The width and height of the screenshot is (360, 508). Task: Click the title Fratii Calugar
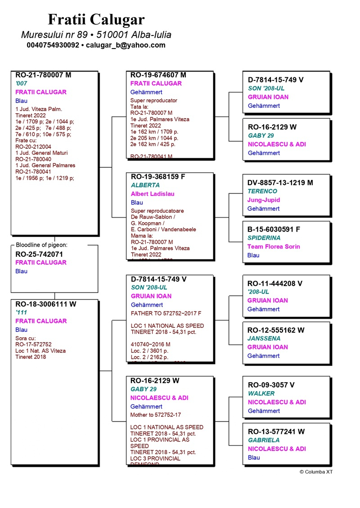(x=96, y=19)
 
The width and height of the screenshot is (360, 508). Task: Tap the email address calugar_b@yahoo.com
(x=126, y=45)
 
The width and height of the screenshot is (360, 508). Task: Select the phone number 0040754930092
(x=53, y=45)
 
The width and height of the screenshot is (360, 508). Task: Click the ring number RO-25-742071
(x=39, y=254)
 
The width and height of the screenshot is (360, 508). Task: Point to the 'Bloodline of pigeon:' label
(x=41, y=245)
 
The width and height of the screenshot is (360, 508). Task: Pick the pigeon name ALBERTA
(x=145, y=185)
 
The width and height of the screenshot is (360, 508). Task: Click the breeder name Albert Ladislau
(x=152, y=194)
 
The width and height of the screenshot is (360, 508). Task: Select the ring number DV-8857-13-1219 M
(x=280, y=183)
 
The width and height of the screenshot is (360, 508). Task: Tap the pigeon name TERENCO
(x=262, y=191)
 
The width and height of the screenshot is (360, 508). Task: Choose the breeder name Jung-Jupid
(x=264, y=200)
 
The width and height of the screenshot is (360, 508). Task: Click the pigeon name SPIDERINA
(x=264, y=238)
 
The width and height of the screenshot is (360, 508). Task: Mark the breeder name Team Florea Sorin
(x=274, y=246)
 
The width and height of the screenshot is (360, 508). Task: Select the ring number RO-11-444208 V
(x=275, y=283)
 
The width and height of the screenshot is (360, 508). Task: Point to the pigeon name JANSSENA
(x=264, y=339)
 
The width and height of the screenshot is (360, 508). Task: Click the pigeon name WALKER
(x=261, y=393)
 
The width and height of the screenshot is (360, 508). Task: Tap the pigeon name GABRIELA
(x=264, y=440)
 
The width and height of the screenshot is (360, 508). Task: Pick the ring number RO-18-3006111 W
(x=46, y=304)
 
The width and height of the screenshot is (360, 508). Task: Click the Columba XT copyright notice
(x=316, y=472)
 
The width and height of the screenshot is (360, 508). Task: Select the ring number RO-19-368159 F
(x=157, y=176)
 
